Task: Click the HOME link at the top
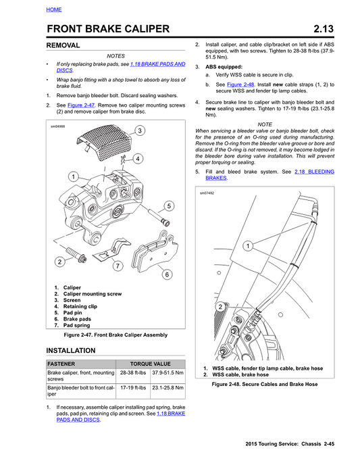54,9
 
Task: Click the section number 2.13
329,28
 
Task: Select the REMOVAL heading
62,45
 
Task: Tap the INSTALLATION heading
70,350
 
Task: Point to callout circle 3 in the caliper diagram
138,130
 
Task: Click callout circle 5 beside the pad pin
168,205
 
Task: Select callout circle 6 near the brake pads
166,274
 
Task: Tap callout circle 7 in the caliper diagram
118,266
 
